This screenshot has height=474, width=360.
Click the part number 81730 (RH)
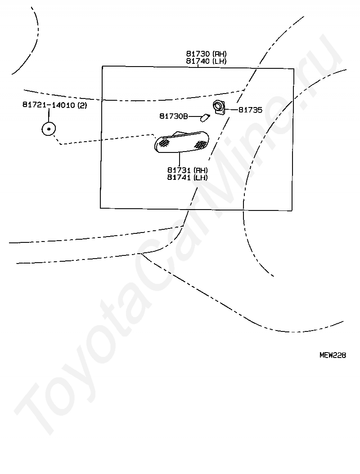[206, 54]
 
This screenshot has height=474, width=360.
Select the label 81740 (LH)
[206, 61]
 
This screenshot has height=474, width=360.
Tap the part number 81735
[250, 110]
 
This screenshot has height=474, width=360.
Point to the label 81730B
[174, 116]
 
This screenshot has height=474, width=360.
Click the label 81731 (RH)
[188, 170]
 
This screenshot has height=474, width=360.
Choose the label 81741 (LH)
[188, 178]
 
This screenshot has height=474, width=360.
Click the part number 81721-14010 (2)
[55, 105]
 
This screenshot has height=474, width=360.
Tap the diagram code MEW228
[333, 355]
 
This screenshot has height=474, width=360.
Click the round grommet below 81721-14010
[49, 129]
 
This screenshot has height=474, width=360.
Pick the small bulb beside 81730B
[205, 117]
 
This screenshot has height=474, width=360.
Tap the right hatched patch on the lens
[200, 144]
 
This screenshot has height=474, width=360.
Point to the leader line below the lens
[180, 159]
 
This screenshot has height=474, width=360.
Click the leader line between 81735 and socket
[231, 110]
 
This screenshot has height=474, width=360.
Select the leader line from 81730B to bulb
[194, 116]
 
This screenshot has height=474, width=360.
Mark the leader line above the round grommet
[49, 116]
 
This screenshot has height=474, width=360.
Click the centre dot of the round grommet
[49, 129]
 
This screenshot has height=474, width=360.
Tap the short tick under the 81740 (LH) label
[198, 66]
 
